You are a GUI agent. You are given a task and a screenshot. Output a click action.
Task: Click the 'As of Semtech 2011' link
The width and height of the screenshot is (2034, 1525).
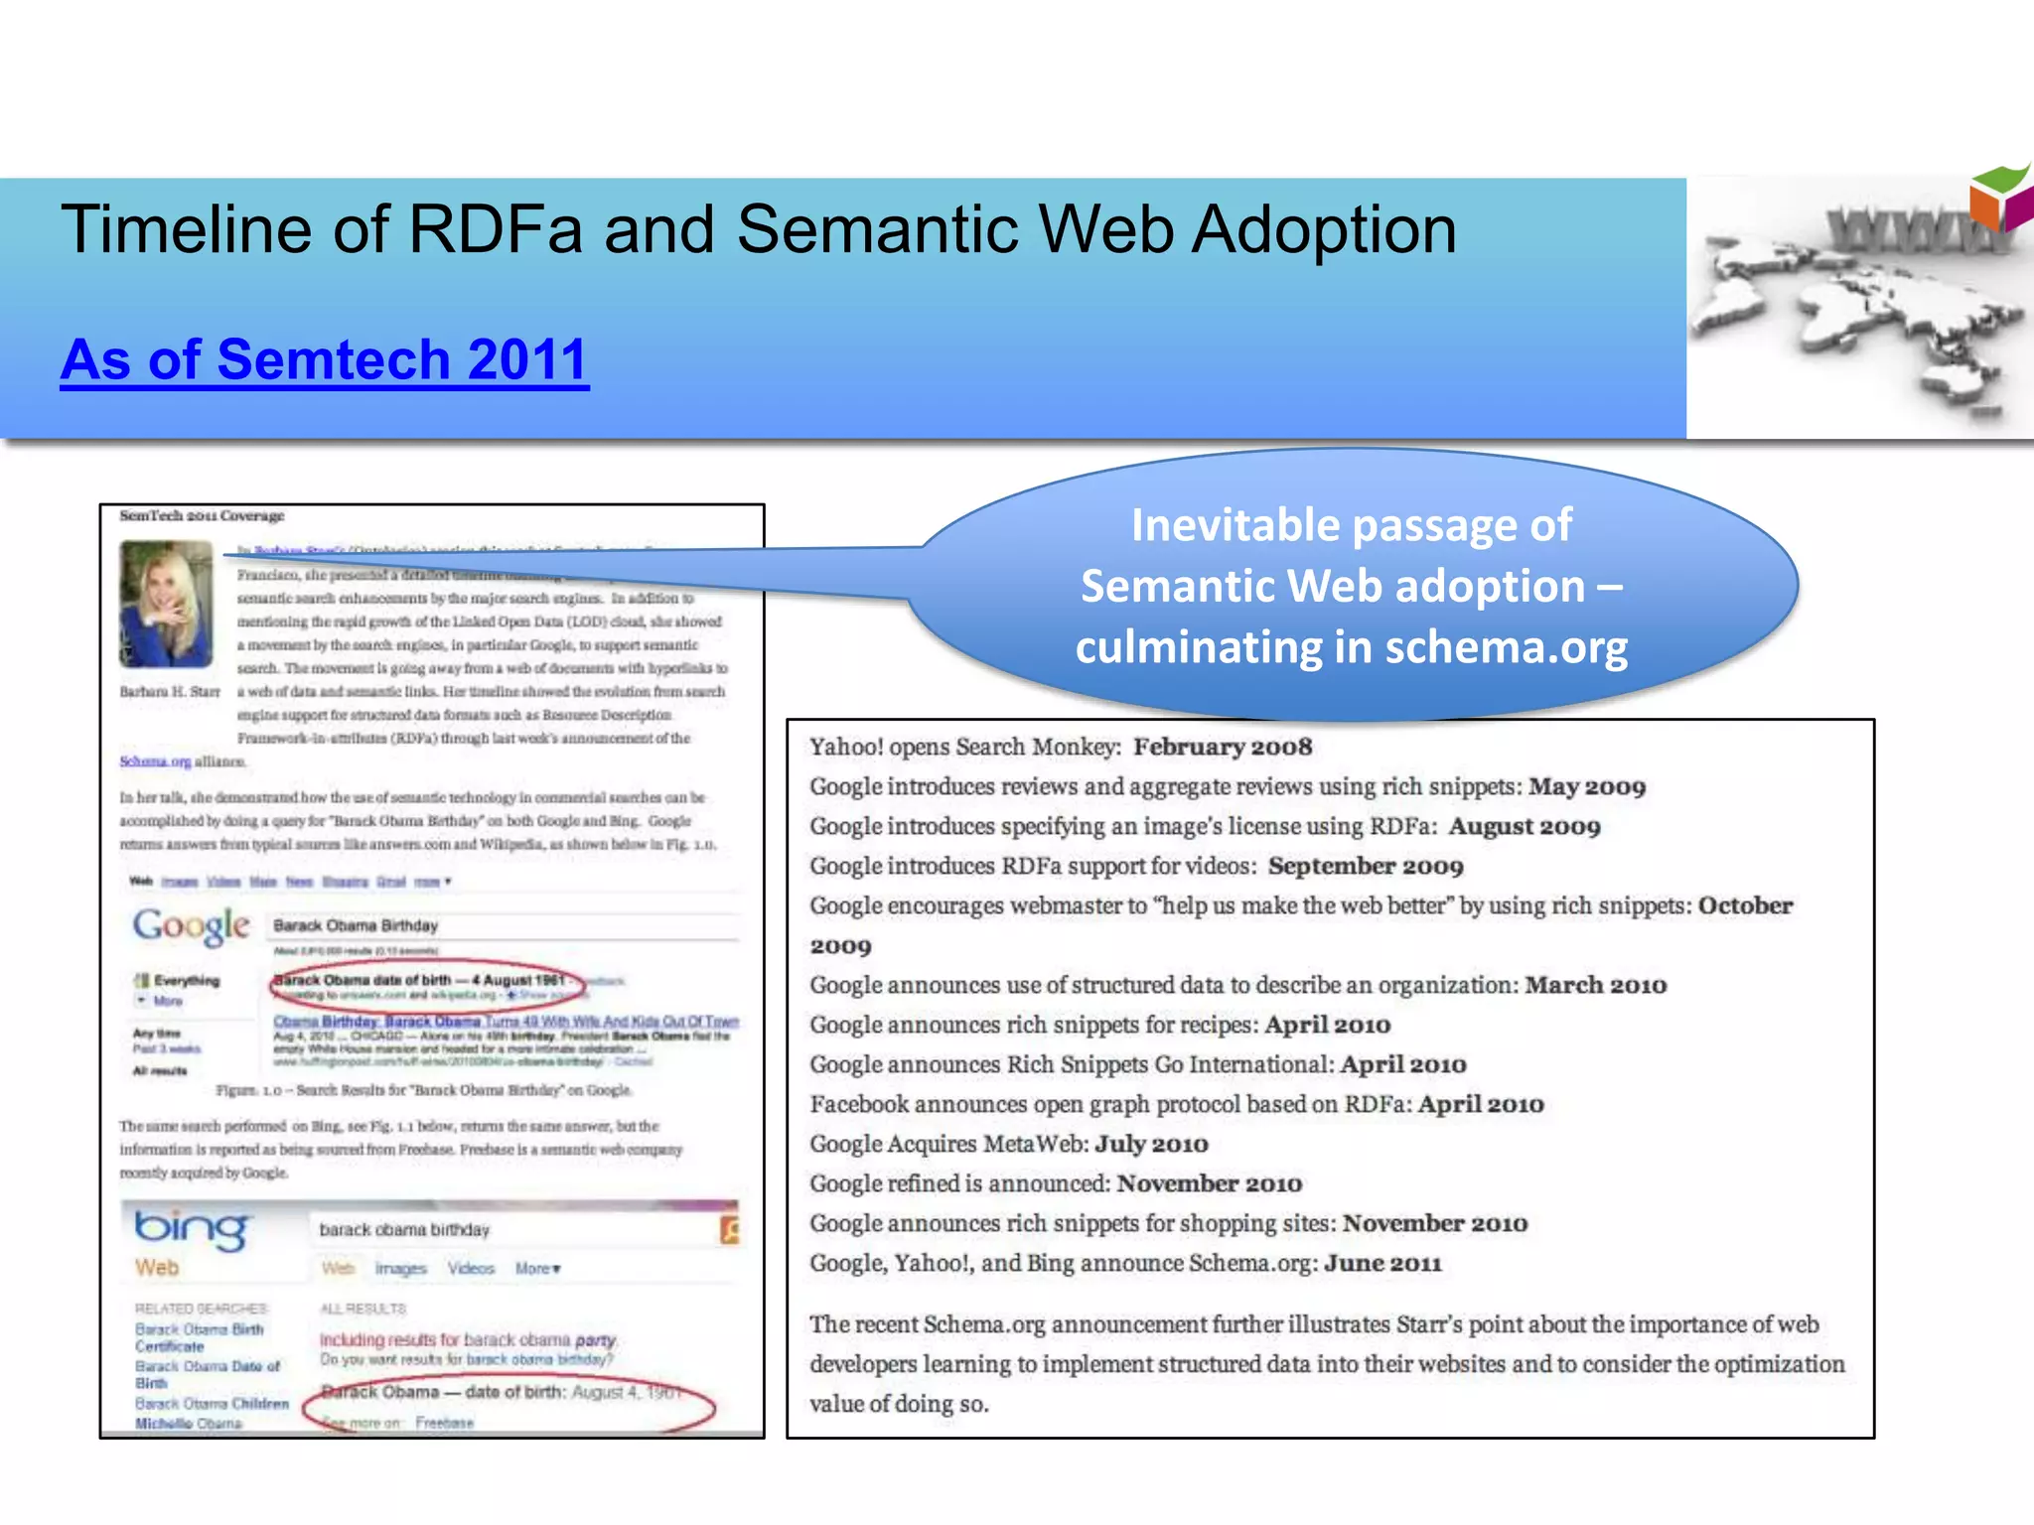pos(324,359)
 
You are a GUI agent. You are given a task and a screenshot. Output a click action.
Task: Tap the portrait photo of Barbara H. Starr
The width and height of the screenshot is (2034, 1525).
pos(166,603)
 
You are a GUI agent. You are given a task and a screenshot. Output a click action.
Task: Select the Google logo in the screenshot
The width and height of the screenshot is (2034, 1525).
pos(192,925)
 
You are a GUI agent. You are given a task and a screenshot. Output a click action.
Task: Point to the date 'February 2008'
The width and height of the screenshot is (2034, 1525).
pos(1223,747)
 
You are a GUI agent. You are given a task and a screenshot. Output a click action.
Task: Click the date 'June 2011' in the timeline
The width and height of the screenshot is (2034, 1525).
pos(1382,1263)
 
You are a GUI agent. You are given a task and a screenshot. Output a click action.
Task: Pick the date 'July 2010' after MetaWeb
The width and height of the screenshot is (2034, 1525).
pos(1151,1144)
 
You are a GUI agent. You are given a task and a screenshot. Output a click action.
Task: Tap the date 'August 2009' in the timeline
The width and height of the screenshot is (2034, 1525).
pos(1525,826)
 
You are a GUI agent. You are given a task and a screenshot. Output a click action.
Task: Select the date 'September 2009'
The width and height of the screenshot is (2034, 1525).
pos(1366,866)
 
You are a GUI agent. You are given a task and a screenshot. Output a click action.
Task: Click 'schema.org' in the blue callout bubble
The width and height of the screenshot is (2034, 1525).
pos(1506,647)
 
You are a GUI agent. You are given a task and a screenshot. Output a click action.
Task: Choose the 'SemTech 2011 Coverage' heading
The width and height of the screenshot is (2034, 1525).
pos(202,516)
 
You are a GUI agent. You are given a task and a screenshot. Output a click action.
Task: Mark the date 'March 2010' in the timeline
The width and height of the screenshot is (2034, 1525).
pos(1596,985)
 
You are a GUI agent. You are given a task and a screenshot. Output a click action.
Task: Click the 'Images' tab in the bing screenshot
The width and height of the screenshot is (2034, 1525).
pos(400,1269)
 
